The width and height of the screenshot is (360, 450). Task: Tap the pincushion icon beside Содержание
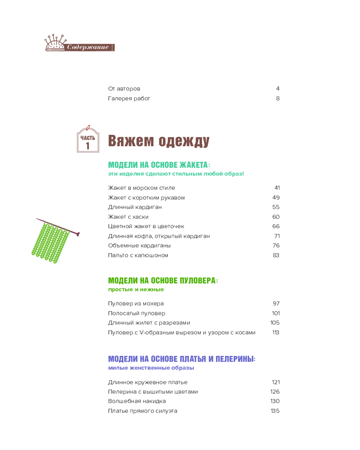pos(54,43)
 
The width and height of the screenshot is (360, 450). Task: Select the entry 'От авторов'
pos(124,89)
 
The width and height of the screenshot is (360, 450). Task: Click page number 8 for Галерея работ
pos(278,99)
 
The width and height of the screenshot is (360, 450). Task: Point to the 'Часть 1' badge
pos(88,140)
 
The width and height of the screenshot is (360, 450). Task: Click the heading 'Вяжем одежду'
pos(159,141)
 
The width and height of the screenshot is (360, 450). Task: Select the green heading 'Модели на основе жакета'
pos(159,165)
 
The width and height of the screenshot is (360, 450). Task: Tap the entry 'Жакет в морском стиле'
pos(142,188)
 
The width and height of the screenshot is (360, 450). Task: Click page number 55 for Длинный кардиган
pos(276,207)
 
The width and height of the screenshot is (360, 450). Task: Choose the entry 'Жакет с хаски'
pos(128,216)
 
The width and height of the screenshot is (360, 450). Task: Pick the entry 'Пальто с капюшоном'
pos(138,255)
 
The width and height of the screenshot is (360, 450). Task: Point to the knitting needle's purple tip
pos(77,234)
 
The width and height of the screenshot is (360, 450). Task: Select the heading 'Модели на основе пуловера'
pos(163,280)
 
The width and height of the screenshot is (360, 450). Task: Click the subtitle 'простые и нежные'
pos(136,289)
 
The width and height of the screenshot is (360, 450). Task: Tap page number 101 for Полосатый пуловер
pos(276,313)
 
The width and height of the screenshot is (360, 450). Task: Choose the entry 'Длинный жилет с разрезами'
pos(149,323)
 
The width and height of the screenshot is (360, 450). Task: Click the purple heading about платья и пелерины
pos(182,359)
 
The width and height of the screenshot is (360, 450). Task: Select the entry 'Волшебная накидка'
pos(137,401)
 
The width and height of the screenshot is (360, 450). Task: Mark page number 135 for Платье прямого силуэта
pos(275,411)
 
